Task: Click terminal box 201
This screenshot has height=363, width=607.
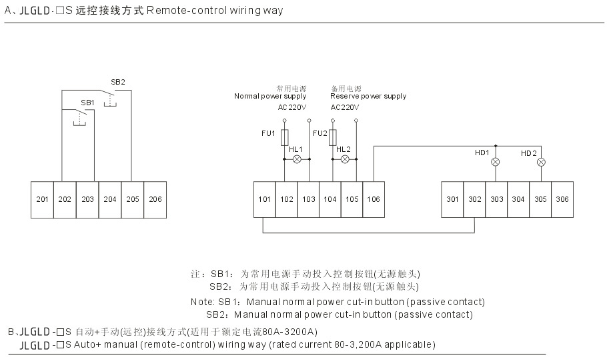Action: (42, 199)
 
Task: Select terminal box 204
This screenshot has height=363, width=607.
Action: (110, 199)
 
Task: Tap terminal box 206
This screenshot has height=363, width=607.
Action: (155, 199)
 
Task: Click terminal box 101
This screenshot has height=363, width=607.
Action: (265, 199)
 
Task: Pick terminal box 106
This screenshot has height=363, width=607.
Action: (374, 199)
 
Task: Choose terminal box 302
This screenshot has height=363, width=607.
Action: (474, 199)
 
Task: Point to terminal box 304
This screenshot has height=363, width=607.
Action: (518, 199)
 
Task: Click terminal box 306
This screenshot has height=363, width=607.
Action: (562, 199)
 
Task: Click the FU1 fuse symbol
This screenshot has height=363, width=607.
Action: (285, 137)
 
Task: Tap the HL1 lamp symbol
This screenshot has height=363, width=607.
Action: (297, 160)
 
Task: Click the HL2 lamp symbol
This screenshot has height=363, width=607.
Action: (345, 160)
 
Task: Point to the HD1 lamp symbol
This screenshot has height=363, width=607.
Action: (496, 162)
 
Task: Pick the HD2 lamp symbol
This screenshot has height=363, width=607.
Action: (541, 162)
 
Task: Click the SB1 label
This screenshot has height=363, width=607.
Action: (87, 103)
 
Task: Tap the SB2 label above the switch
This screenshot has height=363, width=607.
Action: (117, 82)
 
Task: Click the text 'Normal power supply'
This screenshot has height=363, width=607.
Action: (269, 96)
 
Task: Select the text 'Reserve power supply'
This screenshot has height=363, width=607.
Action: (368, 96)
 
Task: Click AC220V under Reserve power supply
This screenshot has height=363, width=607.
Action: (345, 107)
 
